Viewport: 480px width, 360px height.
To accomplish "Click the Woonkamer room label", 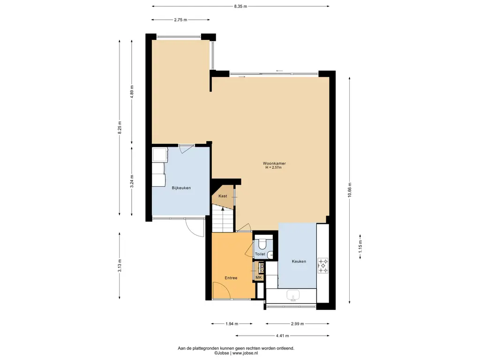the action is click(274, 164).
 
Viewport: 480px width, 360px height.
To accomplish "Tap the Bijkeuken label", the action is click(181, 188).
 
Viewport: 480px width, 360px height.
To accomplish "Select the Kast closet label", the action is click(223, 196).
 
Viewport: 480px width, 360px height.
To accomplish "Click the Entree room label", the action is click(231, 278).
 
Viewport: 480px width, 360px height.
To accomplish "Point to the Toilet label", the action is click(260, 254).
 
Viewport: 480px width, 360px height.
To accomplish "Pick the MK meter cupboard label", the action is click(259, 277).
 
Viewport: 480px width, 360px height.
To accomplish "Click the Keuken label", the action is click(299, 262).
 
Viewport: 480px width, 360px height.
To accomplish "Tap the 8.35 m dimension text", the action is click(240, 7).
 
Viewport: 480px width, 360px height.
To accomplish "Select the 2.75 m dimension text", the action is click(180, 20).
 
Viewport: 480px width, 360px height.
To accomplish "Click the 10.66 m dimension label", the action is click(350, 190).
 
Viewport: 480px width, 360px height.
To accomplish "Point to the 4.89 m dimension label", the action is click(132, 91).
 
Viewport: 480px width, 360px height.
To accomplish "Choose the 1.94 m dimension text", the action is click(232, 323).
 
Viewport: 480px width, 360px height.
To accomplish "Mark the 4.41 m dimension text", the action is click(282, 336).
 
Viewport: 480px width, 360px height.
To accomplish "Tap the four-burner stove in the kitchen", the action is click(322, 265).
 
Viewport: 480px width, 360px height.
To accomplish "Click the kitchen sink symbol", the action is click(293, 296).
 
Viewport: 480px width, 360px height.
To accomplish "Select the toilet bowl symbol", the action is click(262, 243).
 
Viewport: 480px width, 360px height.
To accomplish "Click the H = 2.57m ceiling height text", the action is click(273, 167).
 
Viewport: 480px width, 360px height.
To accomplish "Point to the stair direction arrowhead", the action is click(223, 209).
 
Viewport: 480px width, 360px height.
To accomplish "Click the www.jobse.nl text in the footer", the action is click(245, 353).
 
